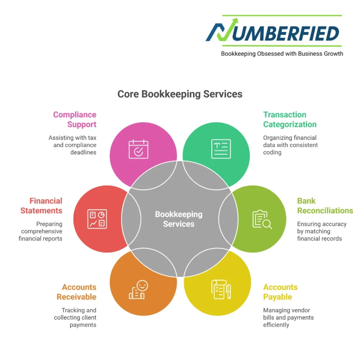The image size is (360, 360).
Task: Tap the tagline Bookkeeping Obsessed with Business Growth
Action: (282, 54)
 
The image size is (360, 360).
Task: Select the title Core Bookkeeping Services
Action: (180, 94)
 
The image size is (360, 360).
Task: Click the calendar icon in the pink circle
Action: (138, 149)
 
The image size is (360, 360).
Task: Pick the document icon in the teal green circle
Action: (221, 149)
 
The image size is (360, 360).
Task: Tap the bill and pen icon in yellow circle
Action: (221, 289)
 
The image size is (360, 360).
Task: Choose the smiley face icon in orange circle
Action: (139, 290)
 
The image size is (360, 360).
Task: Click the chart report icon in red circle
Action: (97, 219)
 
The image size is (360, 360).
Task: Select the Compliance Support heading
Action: (75, 120)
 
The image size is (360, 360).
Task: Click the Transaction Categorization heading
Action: (290, 120)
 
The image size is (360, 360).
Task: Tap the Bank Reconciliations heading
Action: (325, 206)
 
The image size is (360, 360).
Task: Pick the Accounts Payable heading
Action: (280, 292)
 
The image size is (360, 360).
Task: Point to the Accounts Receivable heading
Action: (77, 292)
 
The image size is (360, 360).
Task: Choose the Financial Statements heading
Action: (41, 206)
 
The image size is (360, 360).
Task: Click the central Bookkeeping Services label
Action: (179, 219)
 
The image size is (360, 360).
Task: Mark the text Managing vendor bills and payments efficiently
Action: (288, 317)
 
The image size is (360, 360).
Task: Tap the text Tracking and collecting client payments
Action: (75, 317)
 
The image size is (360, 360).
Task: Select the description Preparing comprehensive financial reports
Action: (41, 231)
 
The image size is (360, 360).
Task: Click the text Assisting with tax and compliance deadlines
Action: (73, 145)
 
